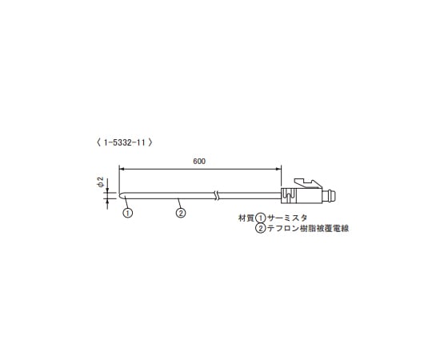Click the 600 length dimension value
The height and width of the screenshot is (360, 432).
(x=200, y=161)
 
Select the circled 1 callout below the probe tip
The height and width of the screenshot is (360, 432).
(x=127, y=213)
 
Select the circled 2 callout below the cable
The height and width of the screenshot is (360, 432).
(x=181, y=213)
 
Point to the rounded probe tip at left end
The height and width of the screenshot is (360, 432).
(x=121, y=194)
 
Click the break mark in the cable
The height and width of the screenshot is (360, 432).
(x=216, y=194)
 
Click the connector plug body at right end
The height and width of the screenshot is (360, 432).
(x=304, y=194)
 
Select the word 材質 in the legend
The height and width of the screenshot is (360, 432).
(x=246, y=218)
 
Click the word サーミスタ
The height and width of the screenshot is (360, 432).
(x=286, y=218)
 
